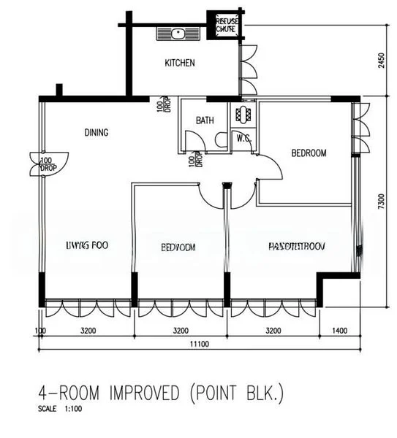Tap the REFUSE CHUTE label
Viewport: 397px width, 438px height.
(226, 26)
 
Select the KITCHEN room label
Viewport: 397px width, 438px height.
(179, 64)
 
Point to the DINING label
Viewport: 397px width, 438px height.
(97, 132)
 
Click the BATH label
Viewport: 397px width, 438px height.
(205, 120)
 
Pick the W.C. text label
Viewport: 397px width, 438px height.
(243, 137)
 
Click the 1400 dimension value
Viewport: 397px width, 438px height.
(339, 330)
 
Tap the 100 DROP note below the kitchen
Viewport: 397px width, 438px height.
(160, 106)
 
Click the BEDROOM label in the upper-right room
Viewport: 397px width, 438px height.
(309, 153)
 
